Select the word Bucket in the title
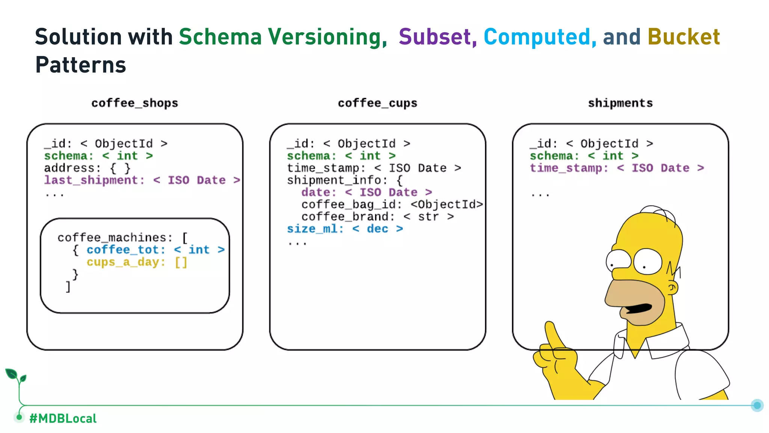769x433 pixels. click(683, 37)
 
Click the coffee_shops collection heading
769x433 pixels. click(134, 103)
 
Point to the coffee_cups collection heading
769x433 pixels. click(377, 103)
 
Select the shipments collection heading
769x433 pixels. click(620, 103)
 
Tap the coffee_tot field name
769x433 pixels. click(125, 250)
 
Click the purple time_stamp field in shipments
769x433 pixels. click(568, 168)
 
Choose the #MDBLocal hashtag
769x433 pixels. click(63, 418)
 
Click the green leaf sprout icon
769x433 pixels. click(15, 376)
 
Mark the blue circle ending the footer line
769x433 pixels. click(757, 405)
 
